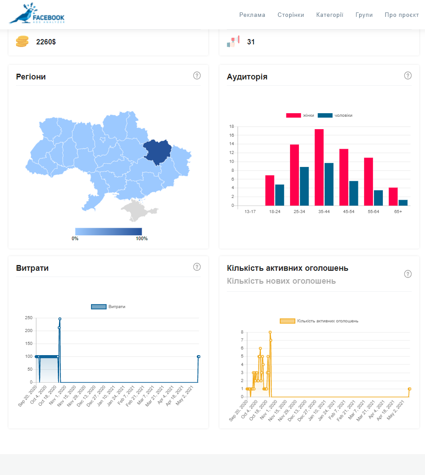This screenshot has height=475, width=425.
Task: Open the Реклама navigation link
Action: tap(252, 15)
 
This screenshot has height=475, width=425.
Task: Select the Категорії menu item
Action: tap(330, 15)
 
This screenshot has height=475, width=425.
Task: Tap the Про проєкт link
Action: tap(401, 15)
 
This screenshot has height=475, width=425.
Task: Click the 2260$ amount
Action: tap(46, 42)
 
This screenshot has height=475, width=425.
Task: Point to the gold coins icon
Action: tap(22, 42)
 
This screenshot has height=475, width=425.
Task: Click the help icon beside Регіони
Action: tap(197, 75)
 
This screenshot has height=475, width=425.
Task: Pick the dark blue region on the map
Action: tap(158, 151)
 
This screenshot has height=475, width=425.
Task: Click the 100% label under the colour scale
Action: tap(142, 239)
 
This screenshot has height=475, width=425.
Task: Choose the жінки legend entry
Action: tap(300, 115)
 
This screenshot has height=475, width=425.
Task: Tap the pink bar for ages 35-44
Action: tap(319, 167)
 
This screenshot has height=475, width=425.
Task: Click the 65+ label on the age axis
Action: tap(397, 212)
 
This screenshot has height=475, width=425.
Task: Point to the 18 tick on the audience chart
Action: tap(231, 127)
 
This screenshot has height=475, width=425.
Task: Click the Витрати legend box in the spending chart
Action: tap(99, 307)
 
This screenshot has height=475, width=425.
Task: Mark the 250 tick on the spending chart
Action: tap(28, 318)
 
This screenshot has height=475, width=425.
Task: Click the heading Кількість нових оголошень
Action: tap(281, 281)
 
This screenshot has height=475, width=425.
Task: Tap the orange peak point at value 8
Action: tap(270, 332)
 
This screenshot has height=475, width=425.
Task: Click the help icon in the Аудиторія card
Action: tap(408, 75)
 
